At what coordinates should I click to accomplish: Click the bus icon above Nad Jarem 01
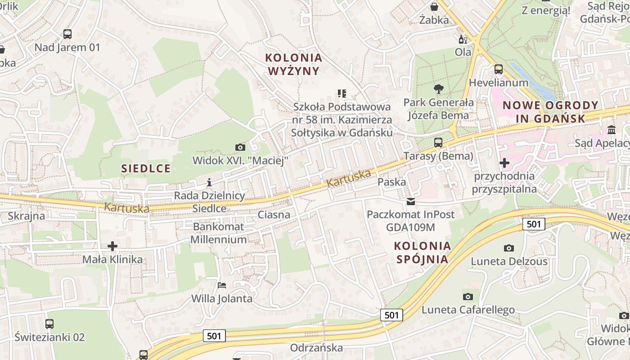67,34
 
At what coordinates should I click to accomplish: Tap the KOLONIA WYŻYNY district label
294,64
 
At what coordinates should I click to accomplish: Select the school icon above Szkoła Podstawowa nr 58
342,94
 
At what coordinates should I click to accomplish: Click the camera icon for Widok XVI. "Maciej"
240,147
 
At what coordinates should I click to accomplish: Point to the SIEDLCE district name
146,169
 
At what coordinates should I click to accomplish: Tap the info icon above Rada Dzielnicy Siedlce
209,182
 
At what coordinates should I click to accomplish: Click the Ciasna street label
274,215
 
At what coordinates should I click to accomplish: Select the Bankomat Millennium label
218,233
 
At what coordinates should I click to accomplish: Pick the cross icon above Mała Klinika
112,246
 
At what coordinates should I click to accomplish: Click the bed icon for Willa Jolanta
222,285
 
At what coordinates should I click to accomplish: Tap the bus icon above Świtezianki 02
49,324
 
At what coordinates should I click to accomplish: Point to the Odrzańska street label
316,348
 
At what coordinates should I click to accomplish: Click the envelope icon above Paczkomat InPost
411,202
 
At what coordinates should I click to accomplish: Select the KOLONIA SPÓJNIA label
422,252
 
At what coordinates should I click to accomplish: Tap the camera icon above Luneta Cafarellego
468,297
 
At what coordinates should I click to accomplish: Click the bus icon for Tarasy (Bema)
438,143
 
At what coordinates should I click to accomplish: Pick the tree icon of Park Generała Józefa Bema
438,89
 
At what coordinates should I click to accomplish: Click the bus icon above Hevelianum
499,69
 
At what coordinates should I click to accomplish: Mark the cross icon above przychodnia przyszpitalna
504,162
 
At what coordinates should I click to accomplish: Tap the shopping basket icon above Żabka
434,7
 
